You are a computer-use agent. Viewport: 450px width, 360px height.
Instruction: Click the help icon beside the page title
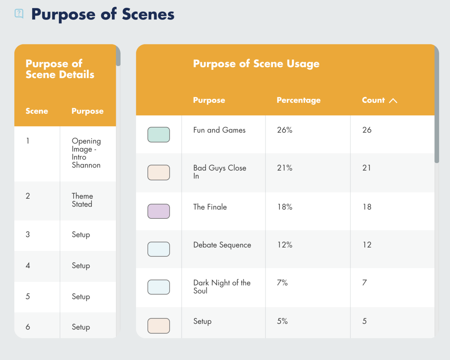(x=19, y=14)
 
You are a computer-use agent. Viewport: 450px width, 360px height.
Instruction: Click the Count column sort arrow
(x=393, y=101)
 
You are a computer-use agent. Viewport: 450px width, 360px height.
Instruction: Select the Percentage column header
(x=298, y=100)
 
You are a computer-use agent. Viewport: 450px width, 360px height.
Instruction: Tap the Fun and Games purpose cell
(x=219, y=130)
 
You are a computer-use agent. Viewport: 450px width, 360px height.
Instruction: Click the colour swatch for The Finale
(x=158, y=211)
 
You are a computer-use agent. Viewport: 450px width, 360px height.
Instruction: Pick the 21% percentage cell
(x=285, y=168)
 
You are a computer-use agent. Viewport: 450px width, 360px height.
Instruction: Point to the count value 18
(x=367, y=207)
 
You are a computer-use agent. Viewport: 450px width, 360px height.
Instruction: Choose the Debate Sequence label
(x=222, y=245)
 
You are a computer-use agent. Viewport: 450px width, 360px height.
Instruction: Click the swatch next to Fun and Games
(x=158, y=134)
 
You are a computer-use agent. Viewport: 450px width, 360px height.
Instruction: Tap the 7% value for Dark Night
(x=282, y=282)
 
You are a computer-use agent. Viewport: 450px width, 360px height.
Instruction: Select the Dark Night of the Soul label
(x=222, y=287)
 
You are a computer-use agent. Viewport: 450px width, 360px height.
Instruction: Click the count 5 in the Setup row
(x=364, y=321)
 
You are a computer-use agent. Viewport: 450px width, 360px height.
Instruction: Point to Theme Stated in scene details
(x=82, y=200)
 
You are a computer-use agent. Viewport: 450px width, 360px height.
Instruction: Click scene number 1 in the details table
(x=27, y=141)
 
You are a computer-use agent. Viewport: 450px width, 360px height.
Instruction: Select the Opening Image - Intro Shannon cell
(x=86, y=153)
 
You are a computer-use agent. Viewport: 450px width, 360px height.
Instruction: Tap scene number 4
(x=28, y=265)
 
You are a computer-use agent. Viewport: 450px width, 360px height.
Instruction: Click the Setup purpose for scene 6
(x=81, y=327)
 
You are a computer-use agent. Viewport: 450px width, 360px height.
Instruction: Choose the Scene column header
(x=37, y=111)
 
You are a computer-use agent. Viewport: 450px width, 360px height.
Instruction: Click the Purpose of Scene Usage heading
(x=256, y=63)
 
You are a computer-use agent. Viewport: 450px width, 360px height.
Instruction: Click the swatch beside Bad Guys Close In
(x=158, y=172)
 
